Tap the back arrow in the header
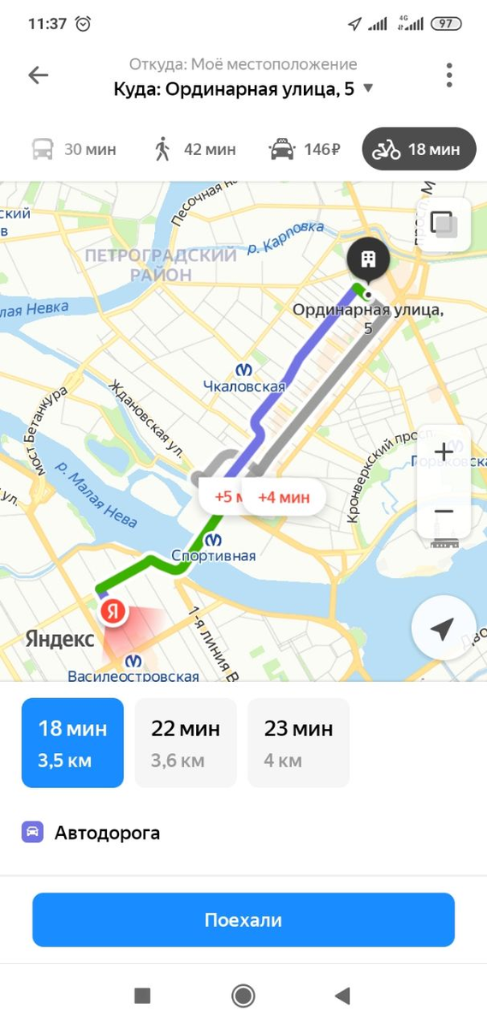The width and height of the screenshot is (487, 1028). tap(39, 75)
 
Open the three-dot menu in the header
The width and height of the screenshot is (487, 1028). tap(448, 75)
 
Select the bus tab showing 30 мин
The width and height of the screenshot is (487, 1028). tap(74, 150)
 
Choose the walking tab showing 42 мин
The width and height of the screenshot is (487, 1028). tap(194, 150)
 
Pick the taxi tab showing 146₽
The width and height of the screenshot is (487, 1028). tap(305, 150)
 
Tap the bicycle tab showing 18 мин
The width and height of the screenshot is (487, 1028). tap(418, 150)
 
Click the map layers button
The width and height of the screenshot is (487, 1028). tap(443, 224)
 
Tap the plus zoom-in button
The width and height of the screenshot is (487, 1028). tap(443, 451)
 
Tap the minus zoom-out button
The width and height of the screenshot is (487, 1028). tap(443, 511)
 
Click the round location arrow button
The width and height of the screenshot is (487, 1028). tap(442, 631)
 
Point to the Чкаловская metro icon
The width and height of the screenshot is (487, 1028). tap(245, 369)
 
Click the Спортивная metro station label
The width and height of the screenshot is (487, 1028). tap(213, 556)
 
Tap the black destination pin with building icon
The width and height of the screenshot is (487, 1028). tap(369, 258)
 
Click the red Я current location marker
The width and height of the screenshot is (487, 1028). tap(113, 612)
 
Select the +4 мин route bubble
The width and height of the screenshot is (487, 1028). tap(284, 497)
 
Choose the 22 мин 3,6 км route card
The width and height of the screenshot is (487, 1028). tap(186, 743)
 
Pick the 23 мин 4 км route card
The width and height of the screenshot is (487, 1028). tap(299, 743)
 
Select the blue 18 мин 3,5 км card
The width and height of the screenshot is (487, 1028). tap(73, 743)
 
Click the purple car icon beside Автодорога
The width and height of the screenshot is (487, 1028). tap(33, 832)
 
